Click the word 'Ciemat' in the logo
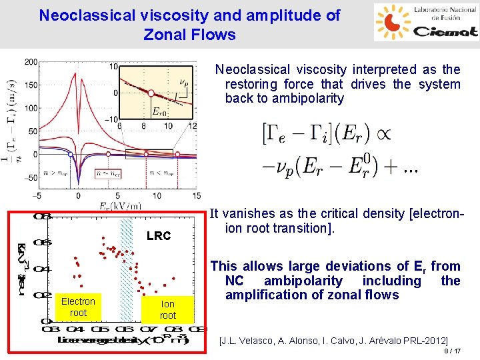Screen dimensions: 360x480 tap(445, 31)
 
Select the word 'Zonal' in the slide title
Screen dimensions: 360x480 tap(162, 35)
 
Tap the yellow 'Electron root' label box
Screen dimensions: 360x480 tap(78, 307)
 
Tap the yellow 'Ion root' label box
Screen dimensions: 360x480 tap(168, 309)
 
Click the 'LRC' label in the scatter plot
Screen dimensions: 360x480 tap(159, 236)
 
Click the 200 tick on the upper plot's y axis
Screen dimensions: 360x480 tap(31, 62)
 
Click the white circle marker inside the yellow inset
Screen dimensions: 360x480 tap(151, 93)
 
